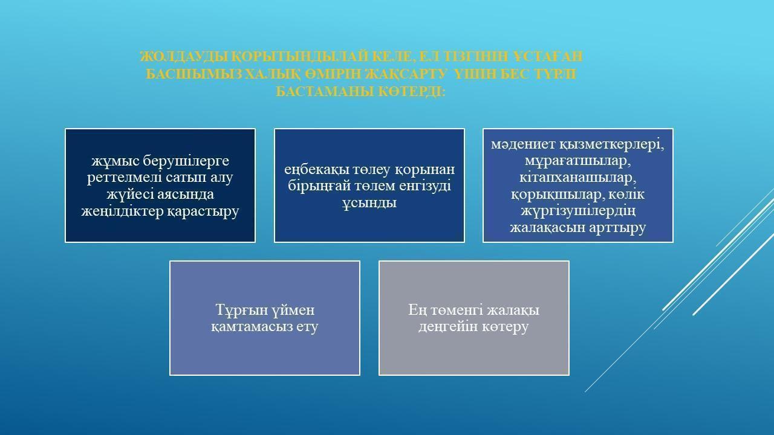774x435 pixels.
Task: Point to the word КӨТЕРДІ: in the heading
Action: (411, 92)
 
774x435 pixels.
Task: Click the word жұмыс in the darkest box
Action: (115, 161)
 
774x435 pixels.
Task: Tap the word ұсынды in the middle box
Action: (369, 202)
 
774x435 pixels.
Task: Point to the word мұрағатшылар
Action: (577, 161)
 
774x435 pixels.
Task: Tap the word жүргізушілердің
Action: (578, 211)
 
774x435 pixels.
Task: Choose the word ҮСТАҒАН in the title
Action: (548, 56)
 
